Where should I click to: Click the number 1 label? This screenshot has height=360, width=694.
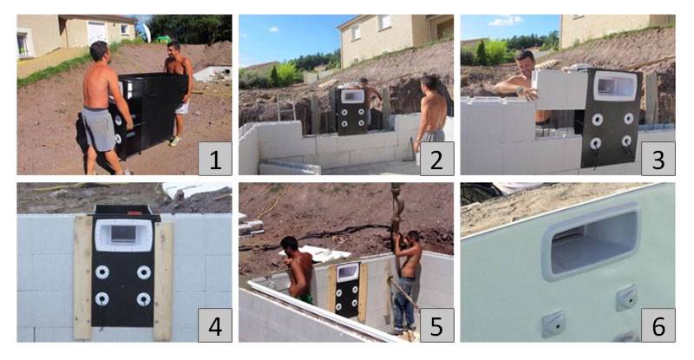pyautogui.click(x=214, y=159)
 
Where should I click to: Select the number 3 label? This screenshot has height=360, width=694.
pyautogui.click(x=658, y=159)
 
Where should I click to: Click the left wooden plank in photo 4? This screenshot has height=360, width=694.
pyautogui.click(x=82, y=278)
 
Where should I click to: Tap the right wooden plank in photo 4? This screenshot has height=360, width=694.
pyautogui.click(x=163, y=278)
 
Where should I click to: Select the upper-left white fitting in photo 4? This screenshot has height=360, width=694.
pyautogui.click(x=102, y=272)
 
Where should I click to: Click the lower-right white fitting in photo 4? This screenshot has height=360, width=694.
pyautogui.click(x=144, y=299)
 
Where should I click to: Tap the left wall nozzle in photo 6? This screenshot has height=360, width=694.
pyautogui.click(x=553, y=324)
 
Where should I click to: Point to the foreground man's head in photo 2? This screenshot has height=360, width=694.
pyautogui.click(x=431, y=84)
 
